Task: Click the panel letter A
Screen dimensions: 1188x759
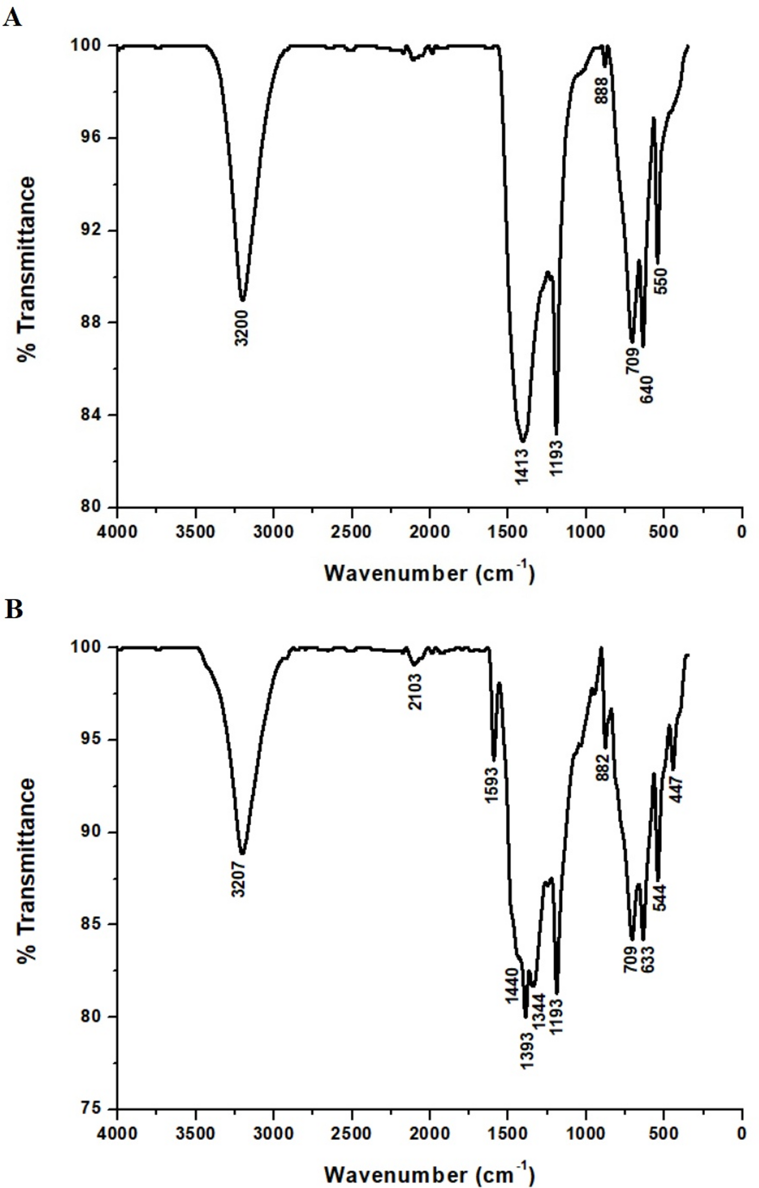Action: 12,19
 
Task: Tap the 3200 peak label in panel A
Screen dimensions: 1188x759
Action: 242,328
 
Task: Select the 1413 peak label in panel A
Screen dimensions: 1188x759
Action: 522,467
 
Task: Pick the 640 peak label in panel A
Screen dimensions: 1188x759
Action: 647,389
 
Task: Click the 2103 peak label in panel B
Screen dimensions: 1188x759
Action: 415,692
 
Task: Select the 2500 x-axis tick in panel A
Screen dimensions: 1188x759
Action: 352,531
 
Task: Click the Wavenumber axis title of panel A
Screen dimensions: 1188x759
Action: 429,573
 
